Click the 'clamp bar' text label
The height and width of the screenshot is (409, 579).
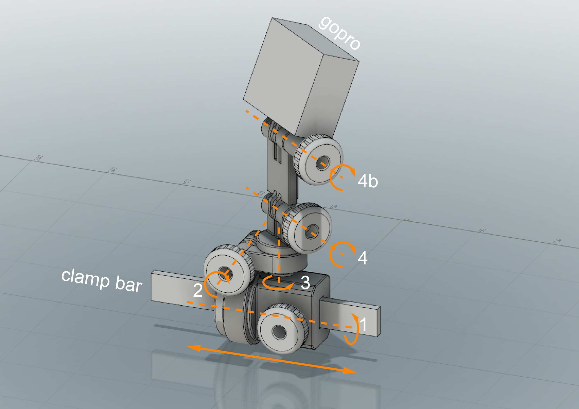(x=102, y=280)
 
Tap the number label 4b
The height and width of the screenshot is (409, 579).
(x=368, y=181)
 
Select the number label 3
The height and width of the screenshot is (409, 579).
(x=305, y=282)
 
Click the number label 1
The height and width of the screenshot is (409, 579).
(x=363, y=324)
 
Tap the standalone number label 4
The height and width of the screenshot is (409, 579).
(x=363, y=258)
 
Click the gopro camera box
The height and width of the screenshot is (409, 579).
(x=297, y=76)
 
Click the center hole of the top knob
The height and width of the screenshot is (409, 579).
(x=323, y=163)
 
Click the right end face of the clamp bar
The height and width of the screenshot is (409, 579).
(x=378, y=321)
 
